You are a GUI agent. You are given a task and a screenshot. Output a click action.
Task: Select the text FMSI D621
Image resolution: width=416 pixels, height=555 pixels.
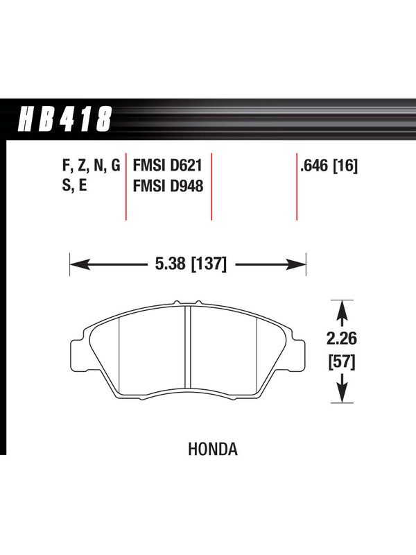(x=167, y=166)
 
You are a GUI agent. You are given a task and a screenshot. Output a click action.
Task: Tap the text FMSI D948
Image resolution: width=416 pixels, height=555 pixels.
(x=168, y=186)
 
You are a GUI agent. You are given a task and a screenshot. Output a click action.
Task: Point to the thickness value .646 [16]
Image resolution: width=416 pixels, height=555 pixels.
(x=329, y=166)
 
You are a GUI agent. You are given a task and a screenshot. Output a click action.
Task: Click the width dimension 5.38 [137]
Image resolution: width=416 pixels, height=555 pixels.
(x=191, y=264)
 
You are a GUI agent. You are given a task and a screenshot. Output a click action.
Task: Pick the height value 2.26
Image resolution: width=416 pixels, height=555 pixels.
(x=341, y=339)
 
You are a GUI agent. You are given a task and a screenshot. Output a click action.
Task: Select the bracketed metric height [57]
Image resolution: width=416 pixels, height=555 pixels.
(x=342, y=361)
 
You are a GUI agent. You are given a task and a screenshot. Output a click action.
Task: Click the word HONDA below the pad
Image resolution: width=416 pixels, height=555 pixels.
(x=213, y=449)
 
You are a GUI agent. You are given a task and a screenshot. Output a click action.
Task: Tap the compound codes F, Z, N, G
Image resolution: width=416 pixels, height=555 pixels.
(x=92, y=166)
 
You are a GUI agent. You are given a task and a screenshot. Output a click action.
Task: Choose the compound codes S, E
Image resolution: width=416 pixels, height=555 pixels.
(x=74, y=185)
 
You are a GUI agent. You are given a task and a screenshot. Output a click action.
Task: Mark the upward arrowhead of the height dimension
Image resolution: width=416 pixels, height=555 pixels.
(x=342, y=309)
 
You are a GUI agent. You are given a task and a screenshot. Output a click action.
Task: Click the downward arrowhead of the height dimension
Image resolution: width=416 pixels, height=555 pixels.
(x=342, y=393)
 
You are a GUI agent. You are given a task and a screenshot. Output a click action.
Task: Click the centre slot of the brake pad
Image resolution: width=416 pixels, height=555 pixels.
(x=188, y=347)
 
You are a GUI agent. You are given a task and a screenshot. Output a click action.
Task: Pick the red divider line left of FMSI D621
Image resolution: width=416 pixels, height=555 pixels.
(x=126, y=187)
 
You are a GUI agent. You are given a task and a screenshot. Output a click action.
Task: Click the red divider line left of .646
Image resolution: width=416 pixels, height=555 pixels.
(x=297, y=187)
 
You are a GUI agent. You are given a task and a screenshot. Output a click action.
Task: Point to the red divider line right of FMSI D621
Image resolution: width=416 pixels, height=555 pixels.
(x=211, y=187)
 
